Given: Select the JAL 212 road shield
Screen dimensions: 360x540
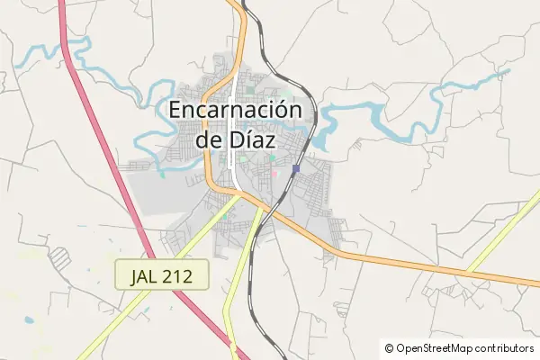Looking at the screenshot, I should click(x=162, y=274).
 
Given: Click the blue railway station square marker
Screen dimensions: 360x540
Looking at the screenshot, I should click(x=296, y=168).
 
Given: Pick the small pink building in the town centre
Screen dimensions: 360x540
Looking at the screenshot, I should click(x=274, y=173).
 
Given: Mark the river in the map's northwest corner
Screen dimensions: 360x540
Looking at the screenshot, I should click(x=45, y=54).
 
